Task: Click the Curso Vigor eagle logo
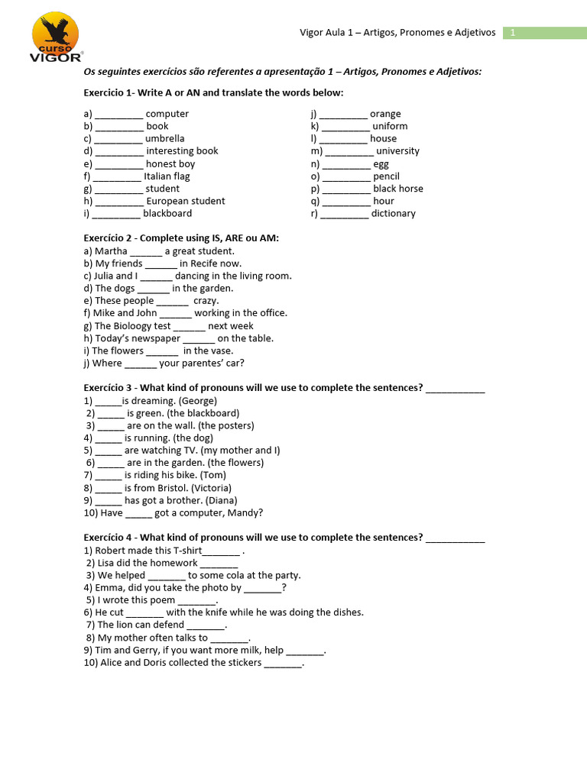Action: [56, 36]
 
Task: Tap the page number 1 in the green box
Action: [514, 33]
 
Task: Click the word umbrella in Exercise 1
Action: [164, 139]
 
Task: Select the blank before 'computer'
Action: [119, 115]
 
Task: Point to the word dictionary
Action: [393, 214]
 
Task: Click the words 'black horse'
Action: [397, 189]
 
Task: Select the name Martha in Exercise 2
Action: [111, 251]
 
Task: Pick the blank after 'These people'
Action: [172, 301]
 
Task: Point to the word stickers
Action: [243, 663]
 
